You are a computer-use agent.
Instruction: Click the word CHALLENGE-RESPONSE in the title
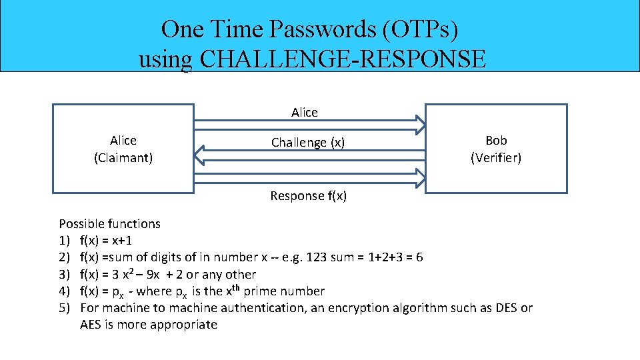tap(343, 59)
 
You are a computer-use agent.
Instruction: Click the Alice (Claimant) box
tap(123, 149)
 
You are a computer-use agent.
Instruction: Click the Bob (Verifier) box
tap(496, 149)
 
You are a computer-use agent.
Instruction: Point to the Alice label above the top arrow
tap(305, 113)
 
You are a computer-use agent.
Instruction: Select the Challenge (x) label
tap(308, 143)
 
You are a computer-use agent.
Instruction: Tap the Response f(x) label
tap(308, 196)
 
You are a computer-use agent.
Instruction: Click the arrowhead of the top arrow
tap(419, 125)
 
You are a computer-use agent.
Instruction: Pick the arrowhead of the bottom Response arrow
tap(419, 178)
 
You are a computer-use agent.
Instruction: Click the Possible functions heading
tap(110, 224)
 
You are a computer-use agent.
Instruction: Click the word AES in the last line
tap(91, 325)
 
